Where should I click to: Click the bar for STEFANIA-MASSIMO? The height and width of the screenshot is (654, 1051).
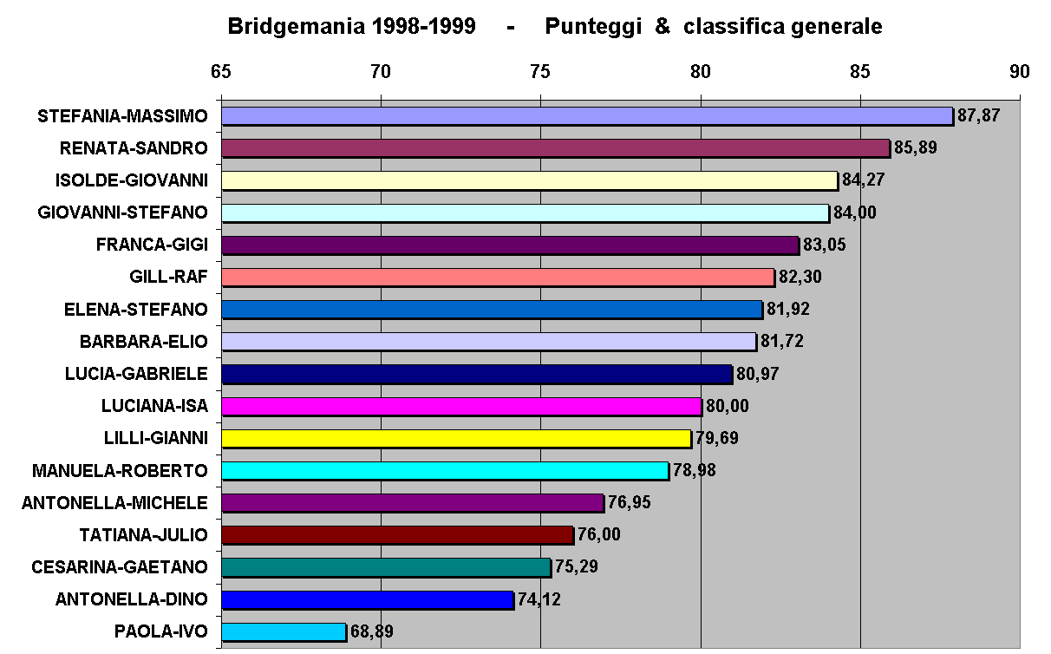(x=586, y=116)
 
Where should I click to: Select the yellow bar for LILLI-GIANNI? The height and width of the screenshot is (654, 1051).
(x=456, y=438)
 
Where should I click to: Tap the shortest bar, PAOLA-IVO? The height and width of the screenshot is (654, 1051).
(x=284, y=631)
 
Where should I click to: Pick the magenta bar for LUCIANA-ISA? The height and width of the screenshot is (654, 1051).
(x=461, y=406)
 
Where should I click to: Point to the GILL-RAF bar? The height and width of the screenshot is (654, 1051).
(x=498, y=278)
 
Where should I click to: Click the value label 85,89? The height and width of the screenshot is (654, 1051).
(x=915, y=148)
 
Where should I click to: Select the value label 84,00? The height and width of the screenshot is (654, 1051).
(x=854, y=213)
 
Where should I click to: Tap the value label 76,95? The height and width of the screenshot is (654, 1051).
(x=628, y=502)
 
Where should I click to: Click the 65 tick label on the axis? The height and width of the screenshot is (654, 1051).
(x=220, y=72)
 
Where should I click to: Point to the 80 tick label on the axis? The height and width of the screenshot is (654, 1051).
(x=700, y=72)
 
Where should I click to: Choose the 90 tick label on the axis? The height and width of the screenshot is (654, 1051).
(x=1020, y=72)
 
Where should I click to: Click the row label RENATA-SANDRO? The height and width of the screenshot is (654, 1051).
(x=134, y=148)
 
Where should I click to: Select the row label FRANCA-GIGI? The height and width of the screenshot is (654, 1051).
(x=152, y=245)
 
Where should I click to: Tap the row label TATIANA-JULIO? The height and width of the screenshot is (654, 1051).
(x=143, y=534)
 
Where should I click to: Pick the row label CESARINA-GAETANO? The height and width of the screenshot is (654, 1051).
(x=120, y=567)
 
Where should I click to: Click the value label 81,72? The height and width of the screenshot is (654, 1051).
(x=781, y=342)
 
